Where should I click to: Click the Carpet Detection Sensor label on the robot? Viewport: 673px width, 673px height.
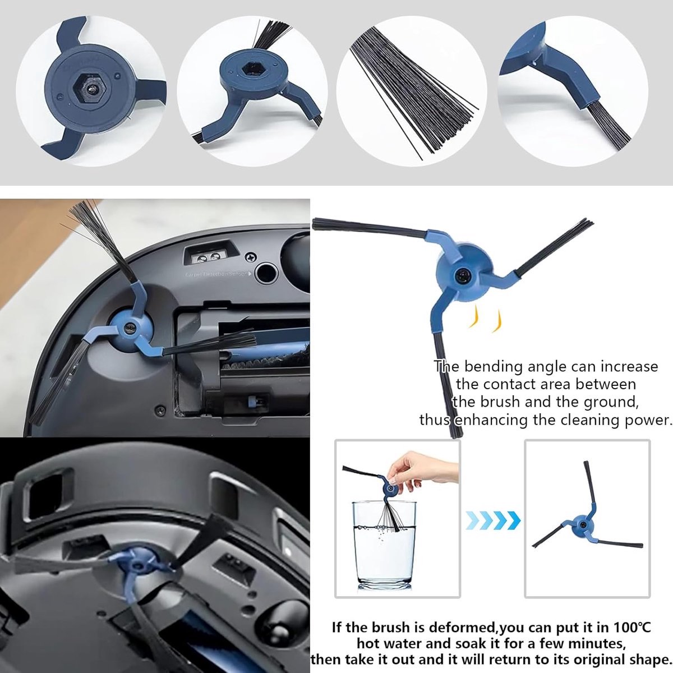[x=218, y=274]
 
